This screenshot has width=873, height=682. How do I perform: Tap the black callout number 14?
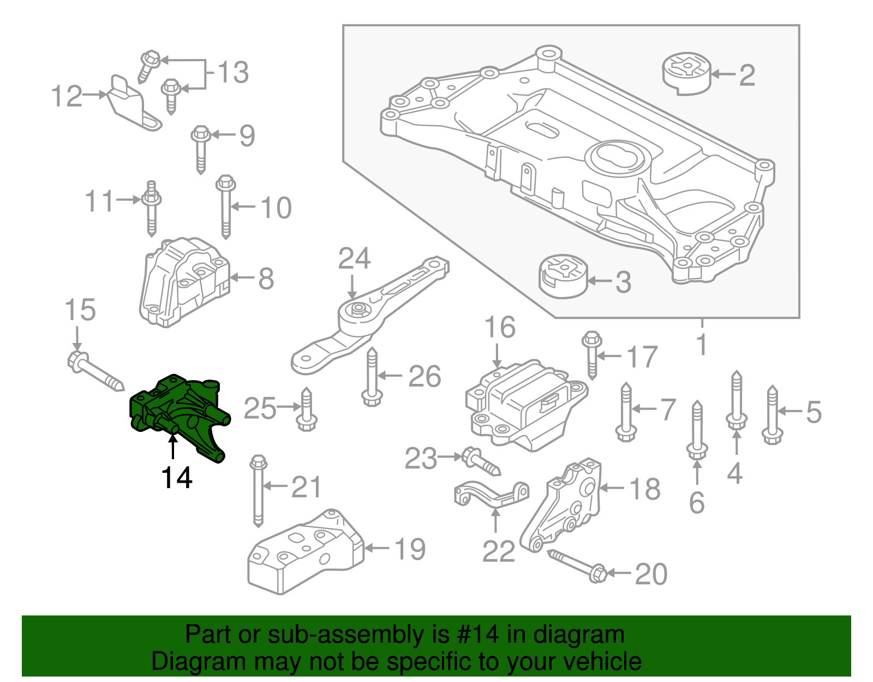[176, 478]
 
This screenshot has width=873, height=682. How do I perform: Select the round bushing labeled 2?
[687, 74]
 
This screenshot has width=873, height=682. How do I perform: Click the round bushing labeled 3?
[563, 277]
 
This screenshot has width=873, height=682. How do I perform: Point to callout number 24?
[354, 258]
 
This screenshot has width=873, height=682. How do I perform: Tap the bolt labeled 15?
[95, 371]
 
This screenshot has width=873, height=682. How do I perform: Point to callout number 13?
[233, 72]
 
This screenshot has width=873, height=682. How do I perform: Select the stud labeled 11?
[151, 207]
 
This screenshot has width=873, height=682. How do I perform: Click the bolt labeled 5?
[772, 415]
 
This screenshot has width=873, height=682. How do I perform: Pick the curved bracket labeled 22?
[491, 494]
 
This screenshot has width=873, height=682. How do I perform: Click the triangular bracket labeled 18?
[565, 505]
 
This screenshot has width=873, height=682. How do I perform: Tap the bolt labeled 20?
[578, 565]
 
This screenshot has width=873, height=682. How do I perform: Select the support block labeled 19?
[306, 554]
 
